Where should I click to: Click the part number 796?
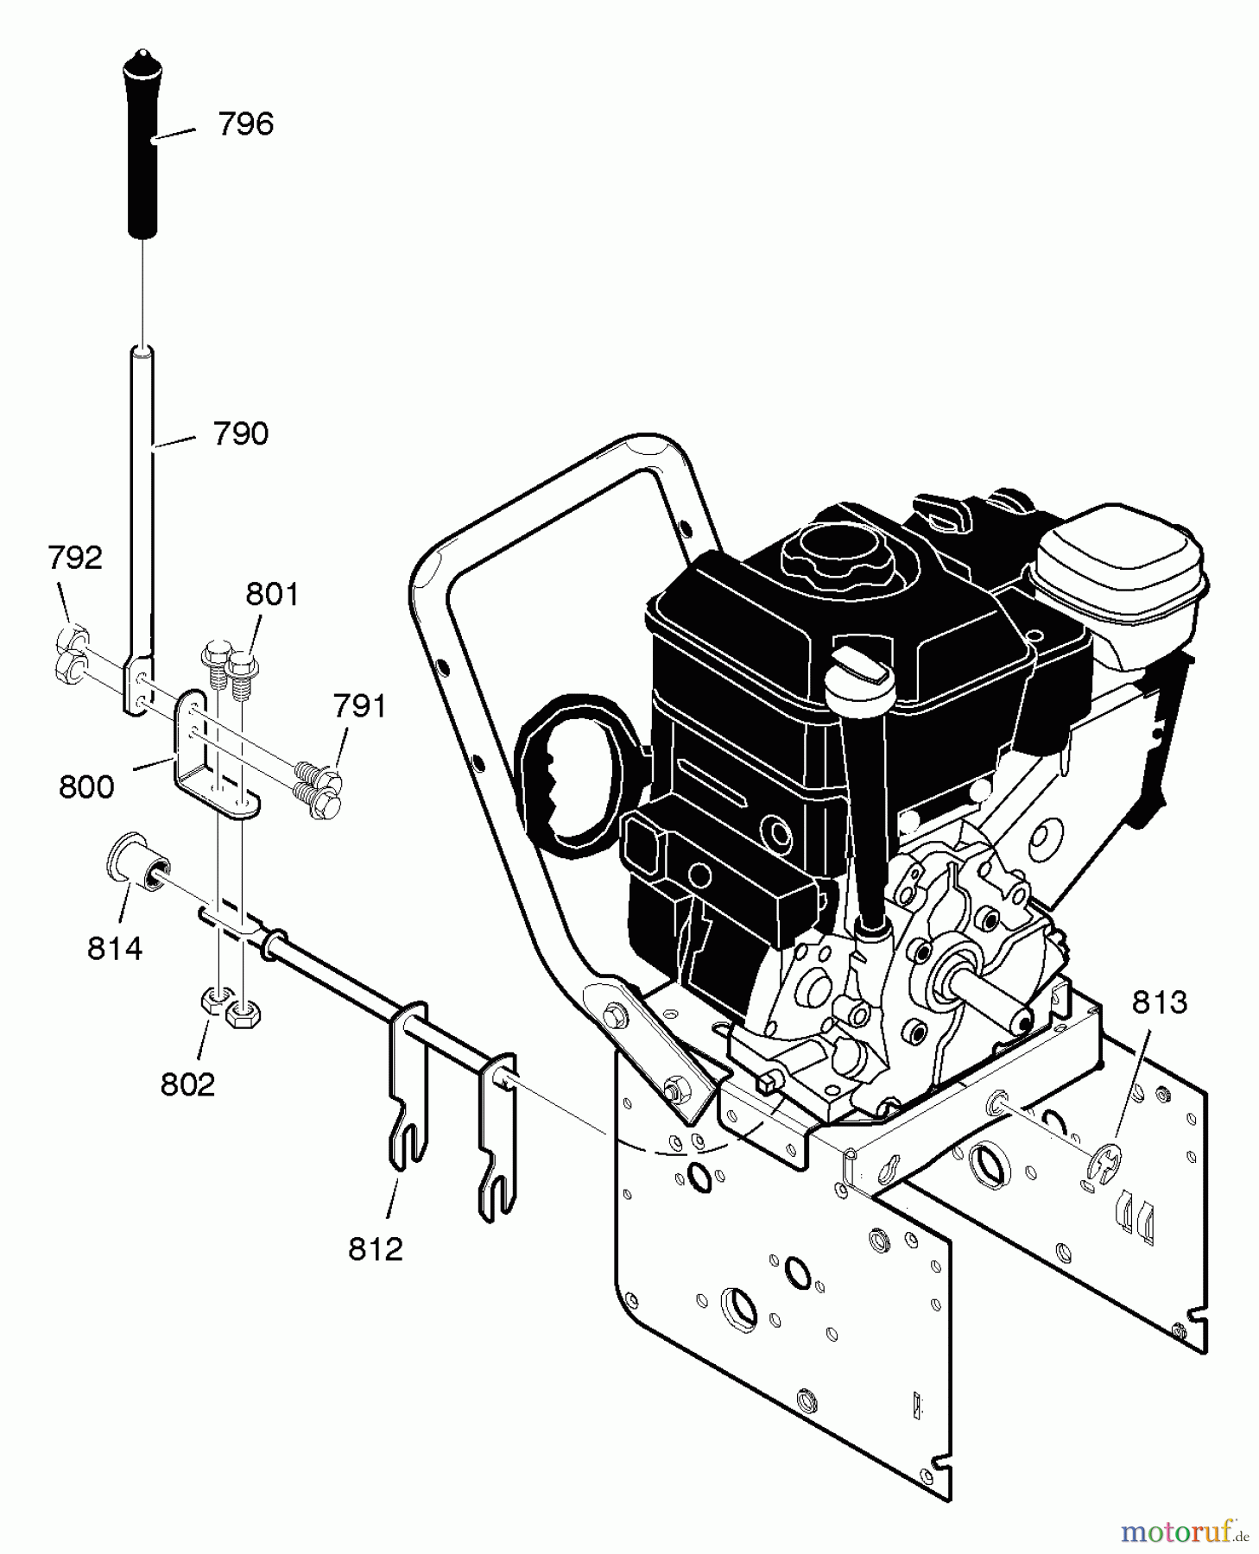click(245, 124)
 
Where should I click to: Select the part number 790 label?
click(241, 433)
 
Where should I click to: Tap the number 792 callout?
click(75, 558)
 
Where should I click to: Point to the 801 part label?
click(272, 594)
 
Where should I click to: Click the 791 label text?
click(359, 706)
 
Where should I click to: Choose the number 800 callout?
click(86, 786)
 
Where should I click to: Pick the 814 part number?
click(114, 949)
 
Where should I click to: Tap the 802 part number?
click(187, 1084)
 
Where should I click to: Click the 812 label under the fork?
click(376, 1248)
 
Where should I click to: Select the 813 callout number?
click(1160, 1002)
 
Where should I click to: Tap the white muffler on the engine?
click(1122, 592)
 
